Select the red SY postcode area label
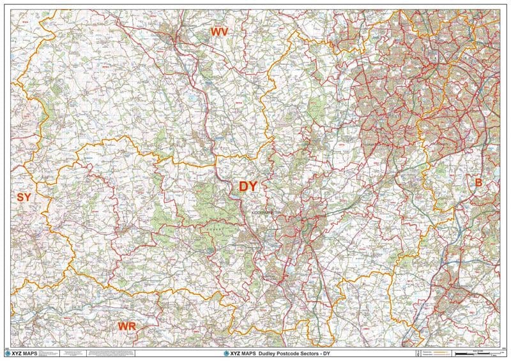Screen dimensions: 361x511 tap(24, 197)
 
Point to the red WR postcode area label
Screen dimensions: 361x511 tap(126, 327)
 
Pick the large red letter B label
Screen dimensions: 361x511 tap(477, 182)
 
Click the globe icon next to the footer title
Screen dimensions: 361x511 tap(225, 353)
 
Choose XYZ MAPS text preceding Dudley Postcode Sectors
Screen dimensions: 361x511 tap(243, 353)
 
